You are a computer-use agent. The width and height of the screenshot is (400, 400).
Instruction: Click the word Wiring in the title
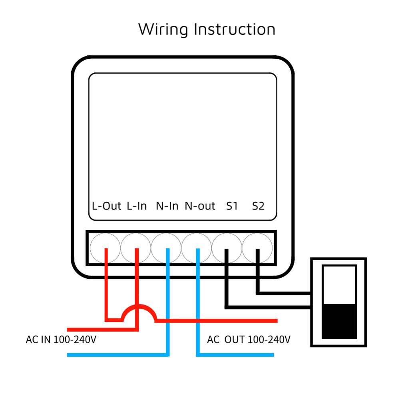pyautogui.click(x=163, y=30)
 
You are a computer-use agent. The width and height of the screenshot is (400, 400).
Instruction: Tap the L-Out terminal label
pyautogui.click(x=106, y=206)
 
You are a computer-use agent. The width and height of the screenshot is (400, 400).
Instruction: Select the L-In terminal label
pyautogui.click(x=137, y=206)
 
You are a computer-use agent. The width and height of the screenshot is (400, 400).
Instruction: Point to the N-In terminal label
pyautogui.click(x=167, y=206)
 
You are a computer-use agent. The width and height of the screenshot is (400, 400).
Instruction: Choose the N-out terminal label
pyautogui.click(x=200, y=206)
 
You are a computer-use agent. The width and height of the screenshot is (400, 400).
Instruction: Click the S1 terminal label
pyautogui.click(x=232, y=206)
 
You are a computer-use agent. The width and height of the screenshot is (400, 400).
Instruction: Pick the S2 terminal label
pyautogui.click(x=258, y=206)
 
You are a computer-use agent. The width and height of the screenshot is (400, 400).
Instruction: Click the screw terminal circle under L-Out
pyautogui.click(x=105, y=248)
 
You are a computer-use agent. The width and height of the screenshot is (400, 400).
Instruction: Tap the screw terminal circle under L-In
pyautogui.click(x=135, y=248)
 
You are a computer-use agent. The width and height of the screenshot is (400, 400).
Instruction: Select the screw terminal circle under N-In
pyautogui.click(x=166, y=248)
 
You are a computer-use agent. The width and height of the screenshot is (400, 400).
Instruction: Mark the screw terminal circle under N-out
pyautogui.click(x=197, y=248)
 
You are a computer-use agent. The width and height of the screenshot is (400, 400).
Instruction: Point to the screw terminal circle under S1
pyautogui.click(x=227, y=248)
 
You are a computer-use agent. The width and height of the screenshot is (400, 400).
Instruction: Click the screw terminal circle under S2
pyautogui.click(x=257, y=248)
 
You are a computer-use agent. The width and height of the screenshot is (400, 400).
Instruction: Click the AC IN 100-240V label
pyautogui.click(x=61, y=340)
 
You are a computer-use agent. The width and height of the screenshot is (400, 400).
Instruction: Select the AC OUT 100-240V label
pyautogui.click(x=249, y=340)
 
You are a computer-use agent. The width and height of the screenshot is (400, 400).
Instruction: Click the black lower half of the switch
pyautogui.click(x=339, y=321)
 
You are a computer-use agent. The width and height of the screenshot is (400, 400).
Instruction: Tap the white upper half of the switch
pyautogui.click(x=339, y=285)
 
